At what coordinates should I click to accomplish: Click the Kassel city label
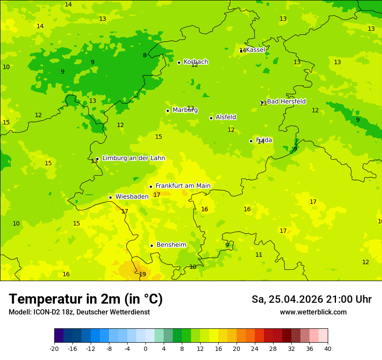click(x=255, y=50)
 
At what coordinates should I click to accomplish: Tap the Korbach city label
click(x=196, y=62)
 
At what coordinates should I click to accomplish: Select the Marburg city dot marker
click(x=168, y=111)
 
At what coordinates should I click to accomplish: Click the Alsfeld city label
click(x=226, y=117)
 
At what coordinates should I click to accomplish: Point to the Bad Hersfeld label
click(x=286, y=101)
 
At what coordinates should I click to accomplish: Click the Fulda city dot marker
click(x=251, y=141)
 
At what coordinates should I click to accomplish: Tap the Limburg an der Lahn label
click(x=133, y=158)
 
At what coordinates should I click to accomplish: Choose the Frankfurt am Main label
click(x=183, y=186)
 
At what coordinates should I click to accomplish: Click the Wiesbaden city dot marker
click(x=110, y=197)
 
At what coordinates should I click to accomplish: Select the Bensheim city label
click(x=171, y=245)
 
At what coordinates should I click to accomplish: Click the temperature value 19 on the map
click(x=142, y=274)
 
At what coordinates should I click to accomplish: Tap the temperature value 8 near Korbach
click(x=145, y=55)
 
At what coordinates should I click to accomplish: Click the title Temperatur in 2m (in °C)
click(x=86, y=299)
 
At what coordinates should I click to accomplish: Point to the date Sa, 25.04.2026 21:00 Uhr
click(x=311, y=299)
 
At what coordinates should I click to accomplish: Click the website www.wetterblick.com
click(x=313, y=312)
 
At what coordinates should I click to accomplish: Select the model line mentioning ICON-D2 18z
click(x=79, y=312)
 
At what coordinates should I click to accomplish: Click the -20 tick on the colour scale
click(x=54, y=348)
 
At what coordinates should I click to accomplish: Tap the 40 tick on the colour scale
click(x=327, y=348)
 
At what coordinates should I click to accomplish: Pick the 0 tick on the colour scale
click(x=145, y=348)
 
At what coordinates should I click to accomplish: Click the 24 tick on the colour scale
click(x=255, y=348)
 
